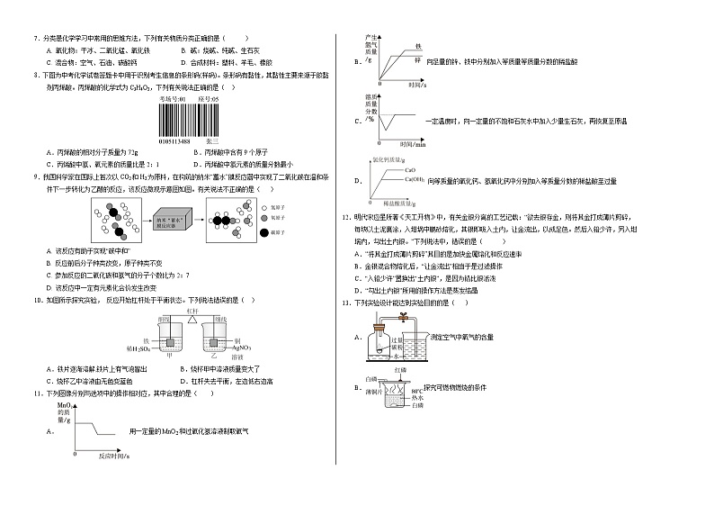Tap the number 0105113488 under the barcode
[176, 141]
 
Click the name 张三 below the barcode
[213, 141]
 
